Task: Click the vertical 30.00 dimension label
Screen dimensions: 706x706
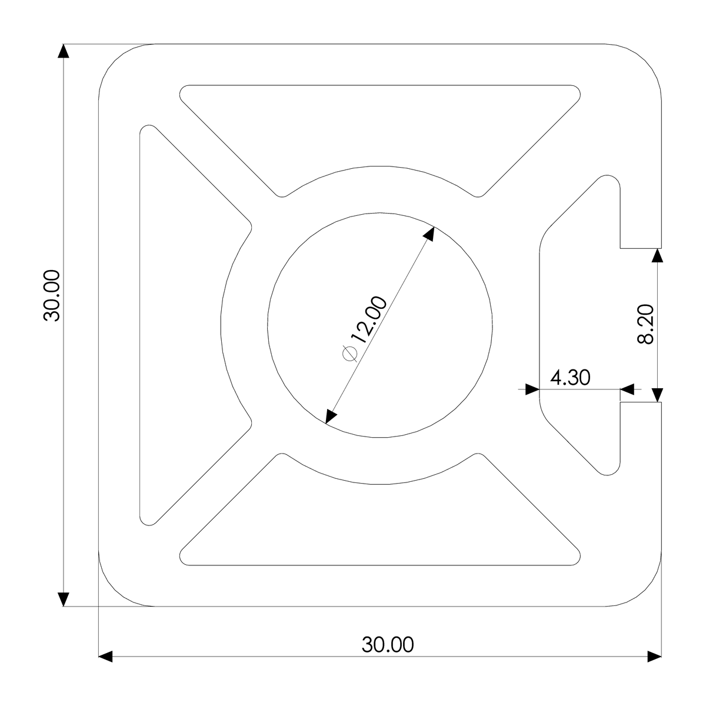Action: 52,296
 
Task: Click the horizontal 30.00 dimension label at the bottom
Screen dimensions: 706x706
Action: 388,644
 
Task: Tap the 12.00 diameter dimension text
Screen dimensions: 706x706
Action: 369,319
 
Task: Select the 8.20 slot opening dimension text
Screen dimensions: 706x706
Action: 645,324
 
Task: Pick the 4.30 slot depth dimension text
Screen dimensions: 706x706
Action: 571,377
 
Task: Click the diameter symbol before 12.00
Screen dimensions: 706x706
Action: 349,353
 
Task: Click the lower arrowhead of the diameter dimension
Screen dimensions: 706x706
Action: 331,417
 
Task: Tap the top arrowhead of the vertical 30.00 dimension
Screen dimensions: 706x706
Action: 64,51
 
